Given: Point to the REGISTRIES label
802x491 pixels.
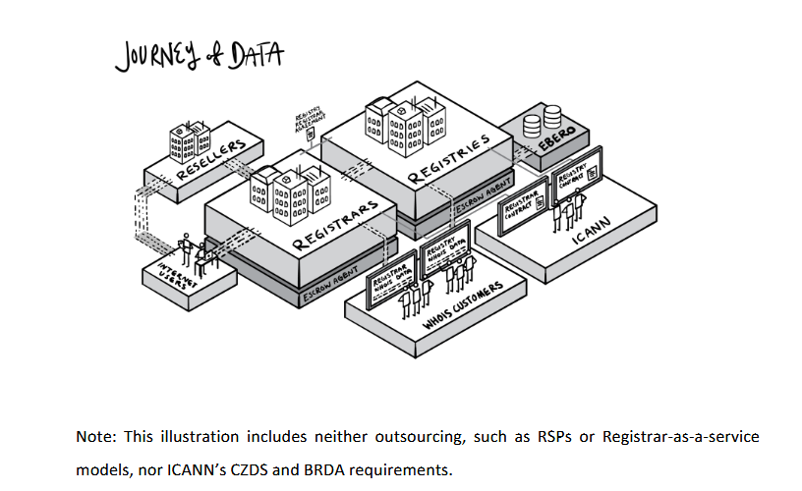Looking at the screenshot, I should (449, 159).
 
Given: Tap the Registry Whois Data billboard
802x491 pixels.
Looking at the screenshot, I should (444, 252).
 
